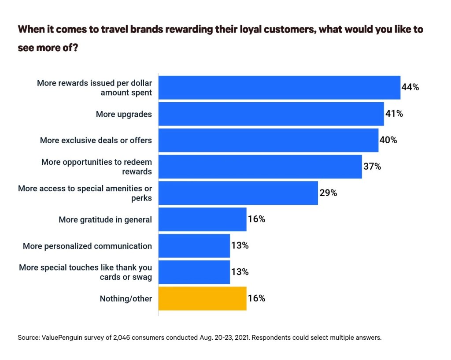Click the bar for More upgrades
[x=271, y=114]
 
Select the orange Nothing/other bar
[x=202, y=299]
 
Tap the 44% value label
[x=410, y=87]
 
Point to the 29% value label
[x=328, y=193]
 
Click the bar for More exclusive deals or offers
[x=268, y=140]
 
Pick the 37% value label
[x=372, y=167]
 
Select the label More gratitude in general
[x=105, y=219]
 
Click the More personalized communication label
[x=87, y=246]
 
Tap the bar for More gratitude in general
[x=202, y=219]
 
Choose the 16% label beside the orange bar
[x=256, y=299]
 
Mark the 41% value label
[x=394, y=114]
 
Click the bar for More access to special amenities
[x=238, y=193]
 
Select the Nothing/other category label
[x=126, y=299]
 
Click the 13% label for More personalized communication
[x=240, y=246]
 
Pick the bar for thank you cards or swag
[x=194, y=272]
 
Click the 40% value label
[x=388, y=140]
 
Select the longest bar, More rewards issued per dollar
[x=279, y=87]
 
